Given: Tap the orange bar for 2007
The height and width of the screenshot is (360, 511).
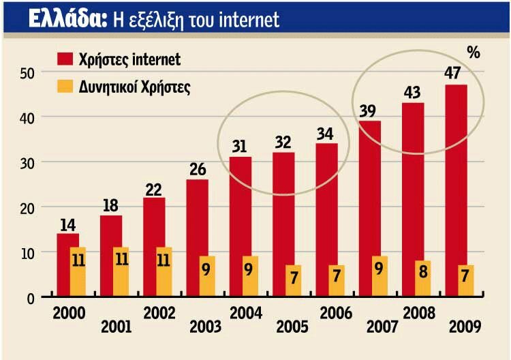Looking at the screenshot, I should click(380, 277).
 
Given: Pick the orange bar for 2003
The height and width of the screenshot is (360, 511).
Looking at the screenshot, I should click(207, 277).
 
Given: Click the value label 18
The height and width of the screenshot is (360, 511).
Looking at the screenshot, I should click(111, 205).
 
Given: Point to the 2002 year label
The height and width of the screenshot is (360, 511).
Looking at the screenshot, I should click(159, 314).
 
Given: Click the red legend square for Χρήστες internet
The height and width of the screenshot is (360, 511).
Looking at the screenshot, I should click(65, 59).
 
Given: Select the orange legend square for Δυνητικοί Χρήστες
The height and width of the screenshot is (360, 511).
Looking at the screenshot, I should click(65, 87).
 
